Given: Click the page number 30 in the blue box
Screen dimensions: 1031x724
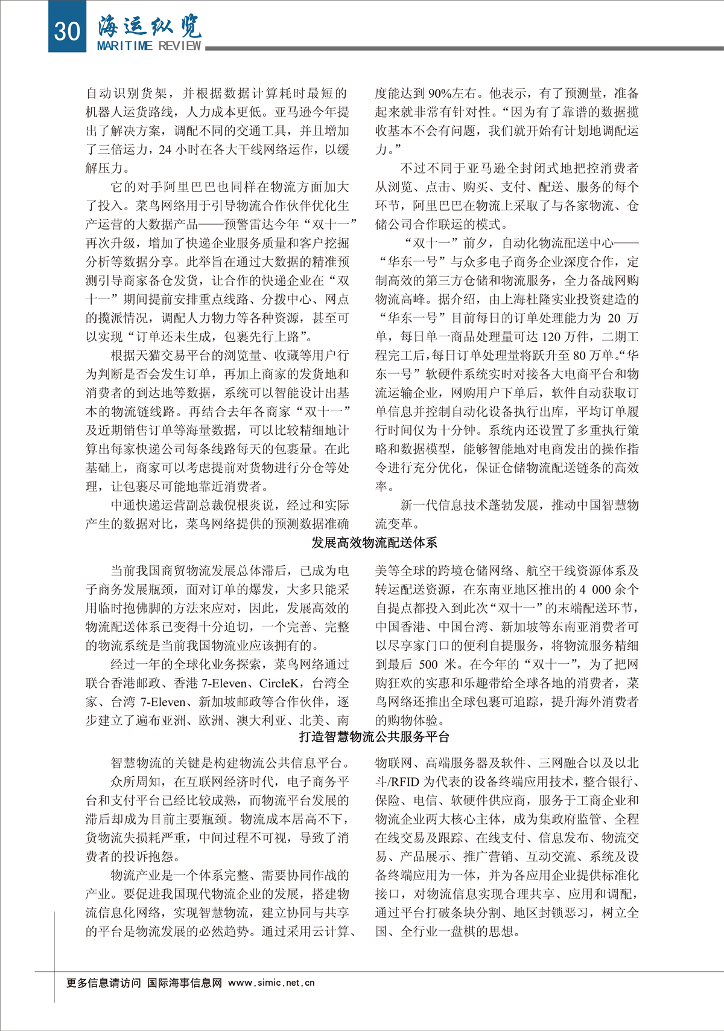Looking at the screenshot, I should (67, 29).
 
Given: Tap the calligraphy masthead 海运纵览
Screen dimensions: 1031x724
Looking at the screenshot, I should (150, 25).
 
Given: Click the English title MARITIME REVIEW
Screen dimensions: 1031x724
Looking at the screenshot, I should (149, 46).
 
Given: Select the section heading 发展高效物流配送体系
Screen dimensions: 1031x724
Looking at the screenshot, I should (374, 542).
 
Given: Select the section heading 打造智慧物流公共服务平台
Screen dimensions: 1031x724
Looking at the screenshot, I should (374, 737).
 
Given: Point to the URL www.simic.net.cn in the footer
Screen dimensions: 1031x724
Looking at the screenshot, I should (271, 983).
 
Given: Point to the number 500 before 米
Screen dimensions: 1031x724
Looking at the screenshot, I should (428, 664).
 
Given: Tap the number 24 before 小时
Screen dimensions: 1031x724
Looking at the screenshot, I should (165, 150).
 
